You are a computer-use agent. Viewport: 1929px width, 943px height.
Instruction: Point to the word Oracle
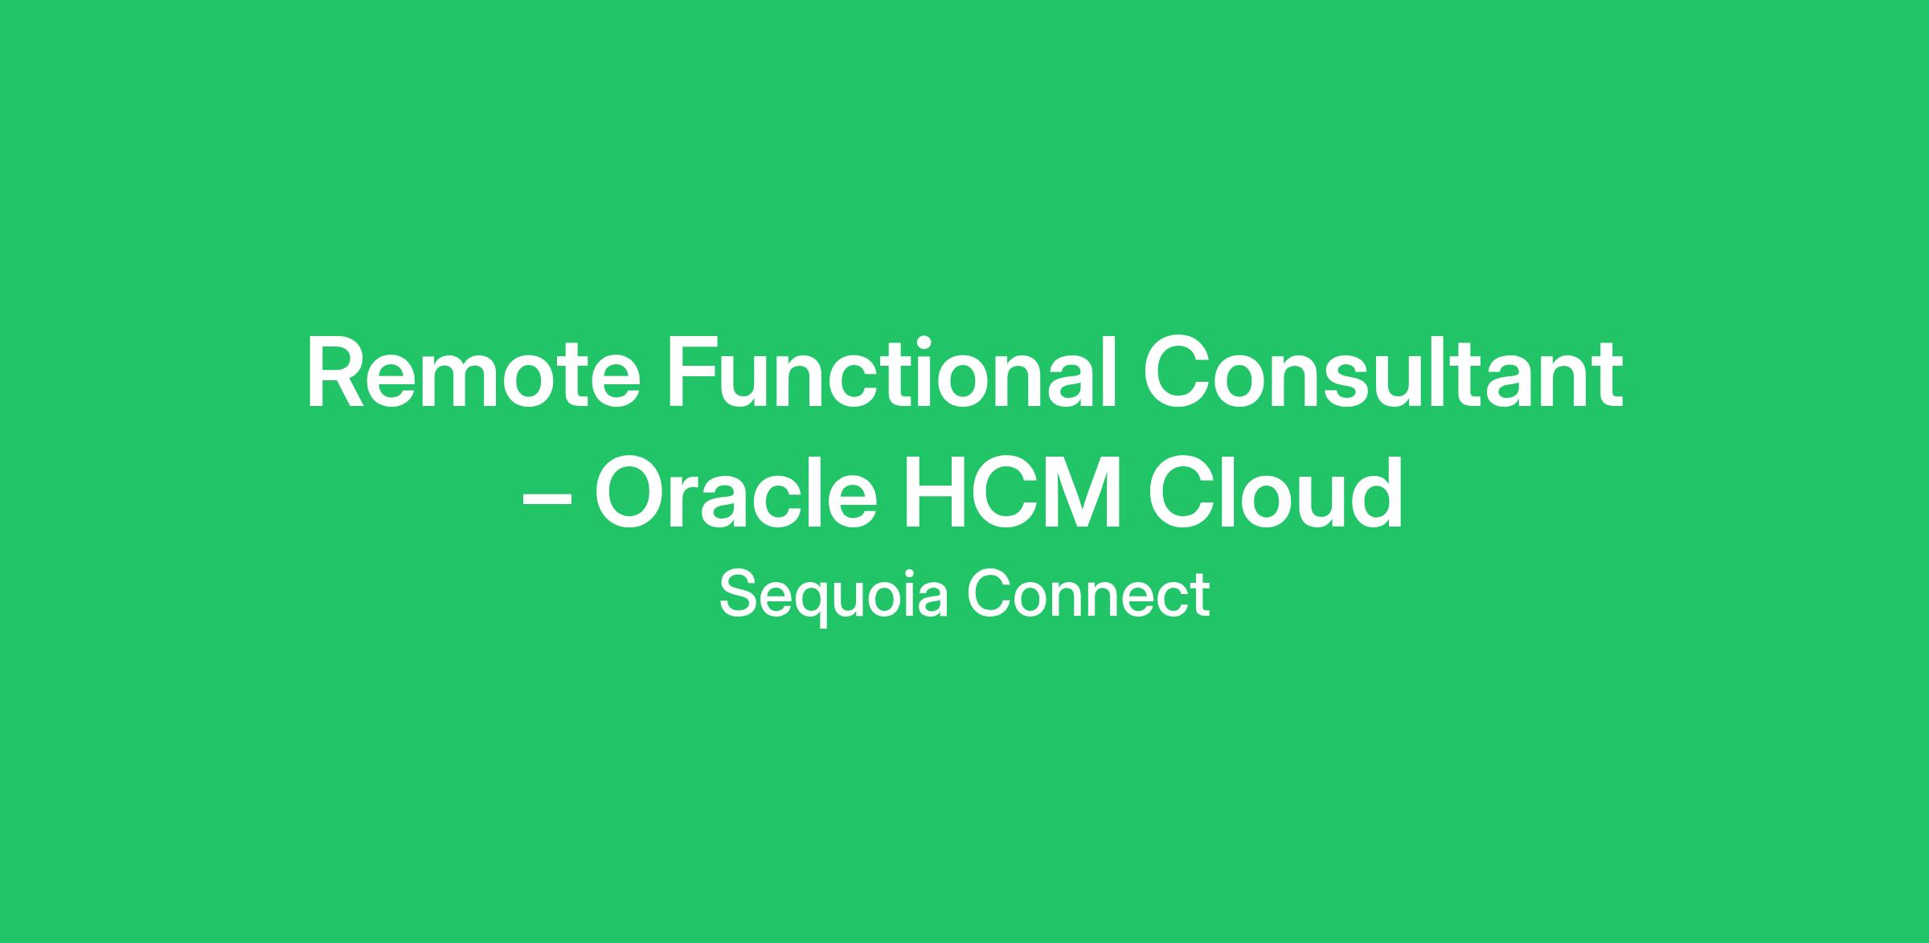[x=735, y=492]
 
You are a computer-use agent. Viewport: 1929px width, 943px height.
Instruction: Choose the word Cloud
[x=1275, y=492]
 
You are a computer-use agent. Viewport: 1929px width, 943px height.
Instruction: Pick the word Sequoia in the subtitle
[x=833, y=596]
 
